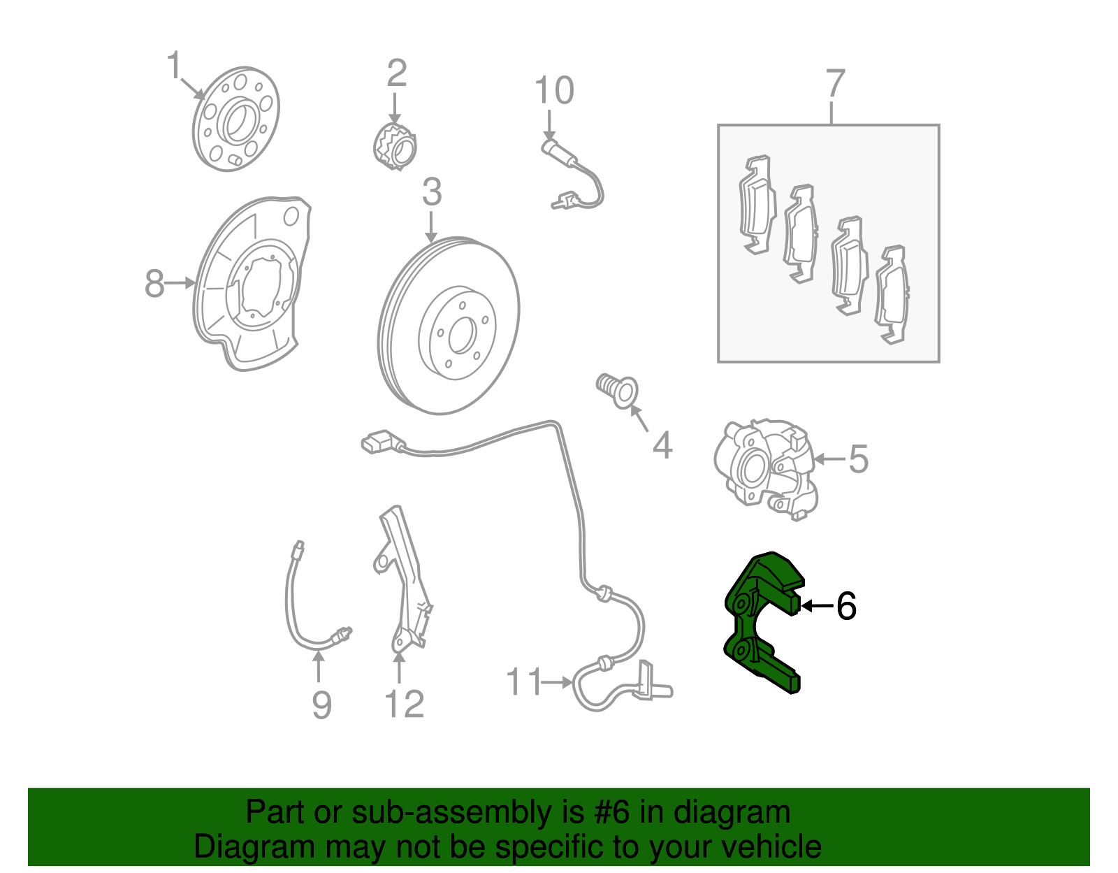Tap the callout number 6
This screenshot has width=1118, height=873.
click(846, 606)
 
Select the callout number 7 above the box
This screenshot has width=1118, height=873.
click(835, 84)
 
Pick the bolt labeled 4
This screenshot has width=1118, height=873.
click(617, 390)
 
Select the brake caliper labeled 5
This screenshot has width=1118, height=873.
click(765, 468)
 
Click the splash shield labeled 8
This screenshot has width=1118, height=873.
click(252, 287)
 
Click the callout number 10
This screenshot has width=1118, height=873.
click(554, 92)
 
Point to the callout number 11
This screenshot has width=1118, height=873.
click(523, 681)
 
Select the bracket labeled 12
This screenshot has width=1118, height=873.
click(403, 580)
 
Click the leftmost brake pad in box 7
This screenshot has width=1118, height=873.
click(757, 204)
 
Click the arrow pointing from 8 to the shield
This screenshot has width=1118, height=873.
click(181, 283)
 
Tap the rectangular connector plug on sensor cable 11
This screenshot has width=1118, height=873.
click(378, 442)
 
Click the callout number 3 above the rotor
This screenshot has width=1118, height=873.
click(432, 192)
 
